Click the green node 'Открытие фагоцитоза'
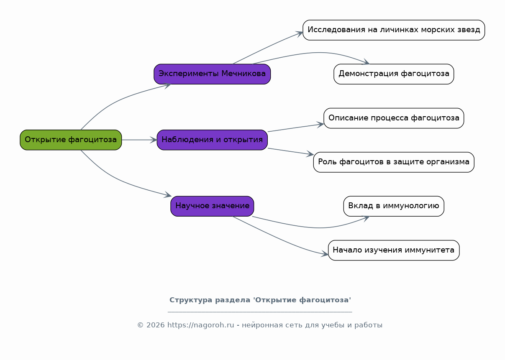[71, 140]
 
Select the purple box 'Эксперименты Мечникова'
[212, 74]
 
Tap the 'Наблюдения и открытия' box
[212, 140]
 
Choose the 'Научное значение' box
[212, 206]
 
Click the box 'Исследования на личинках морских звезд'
[394, 30]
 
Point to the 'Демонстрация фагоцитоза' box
[394, 74]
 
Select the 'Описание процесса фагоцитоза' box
[394, 118]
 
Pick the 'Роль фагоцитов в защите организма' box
[394, 162]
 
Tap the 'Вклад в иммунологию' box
[394, 206]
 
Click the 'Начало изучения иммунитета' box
[394, 250]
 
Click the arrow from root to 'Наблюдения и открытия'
[139, 140]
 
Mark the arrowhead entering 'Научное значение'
[168, 195]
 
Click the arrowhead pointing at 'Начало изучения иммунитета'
[325, 254]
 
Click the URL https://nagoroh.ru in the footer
[201, 325]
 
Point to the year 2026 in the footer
[156, 325]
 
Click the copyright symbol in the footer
[141, 325]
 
